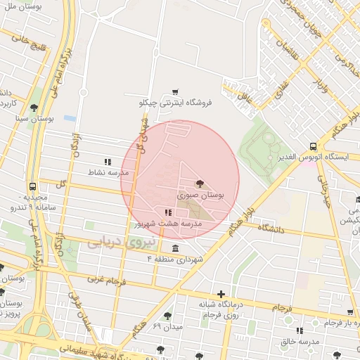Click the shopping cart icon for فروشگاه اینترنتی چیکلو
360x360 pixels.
pyautogui.click(x=175, y=91)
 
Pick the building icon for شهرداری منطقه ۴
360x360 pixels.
pyautogui.click(x=174, y=249)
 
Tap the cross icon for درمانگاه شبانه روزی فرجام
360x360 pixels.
pyautogui.click(x=221, y=294)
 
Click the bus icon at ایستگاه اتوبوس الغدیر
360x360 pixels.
pyautogui.click(x=312, y=146)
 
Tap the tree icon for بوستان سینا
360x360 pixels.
pyautogui.click(x=34, y=107)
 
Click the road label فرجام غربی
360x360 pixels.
pyautogui.click(x=105, y=280)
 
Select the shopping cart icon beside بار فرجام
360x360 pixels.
pyautogui.click(x=349, y=312)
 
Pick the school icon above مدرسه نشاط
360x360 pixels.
pyautogui.click(x=108, y=161)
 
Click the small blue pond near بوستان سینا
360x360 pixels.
pyautogui.click(x=70, y=118)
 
